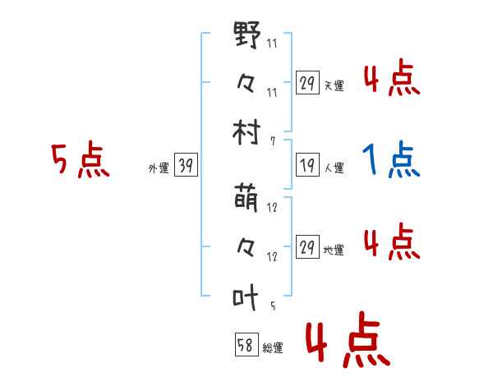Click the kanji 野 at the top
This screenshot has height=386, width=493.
[x=248, y=37]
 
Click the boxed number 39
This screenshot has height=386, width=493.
[x=186, y=167]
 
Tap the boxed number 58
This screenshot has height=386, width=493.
[x=246, y=346]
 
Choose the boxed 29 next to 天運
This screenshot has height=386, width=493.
[x=306, y=83]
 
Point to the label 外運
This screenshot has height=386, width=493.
[x=158, y=168]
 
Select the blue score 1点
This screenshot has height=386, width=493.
[x=391, y=160]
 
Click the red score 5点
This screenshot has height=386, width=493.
[x=80, y=160]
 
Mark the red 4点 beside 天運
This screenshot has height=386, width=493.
[x=391, y=80]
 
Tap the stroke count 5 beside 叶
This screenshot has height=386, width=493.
[x=272, y=306]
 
